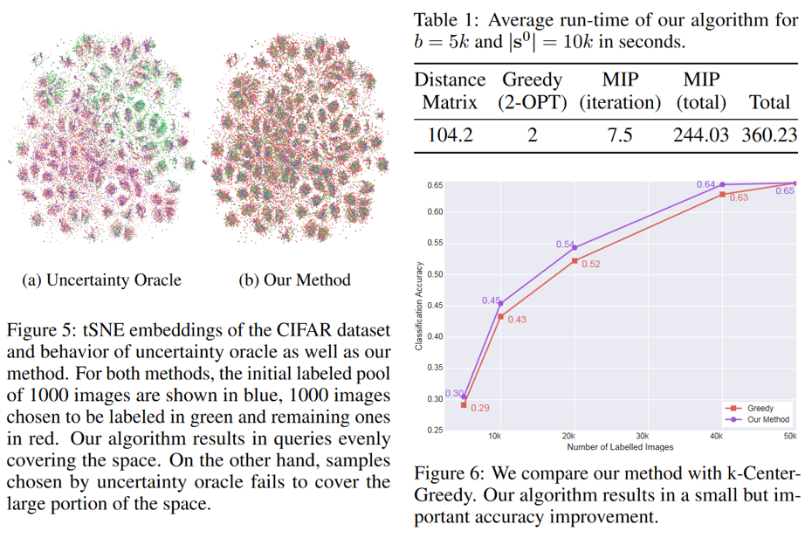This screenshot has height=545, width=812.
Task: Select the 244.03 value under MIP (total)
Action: click(701, 135)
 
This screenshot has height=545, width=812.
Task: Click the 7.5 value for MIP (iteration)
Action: click(619, 135)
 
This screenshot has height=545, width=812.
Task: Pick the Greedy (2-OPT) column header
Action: click(533, 92)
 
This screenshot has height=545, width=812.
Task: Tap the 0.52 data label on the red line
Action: click(590, 265)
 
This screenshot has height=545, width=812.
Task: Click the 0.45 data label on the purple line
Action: click(491, 300)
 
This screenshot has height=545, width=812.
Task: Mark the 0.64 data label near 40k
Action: click(705, 184)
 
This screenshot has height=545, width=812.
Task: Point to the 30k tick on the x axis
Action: click(642, 436)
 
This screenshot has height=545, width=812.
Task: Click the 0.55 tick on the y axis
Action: click(435, 243)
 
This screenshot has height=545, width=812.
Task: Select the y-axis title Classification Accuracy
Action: click(419, 306)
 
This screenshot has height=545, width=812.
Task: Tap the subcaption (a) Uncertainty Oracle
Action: click(101, 280)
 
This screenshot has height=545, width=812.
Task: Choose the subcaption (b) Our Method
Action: click(294, 280)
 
